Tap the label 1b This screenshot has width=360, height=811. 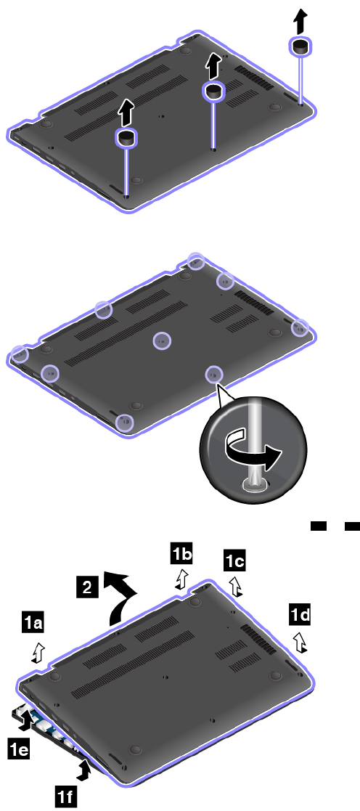tap(181, 555)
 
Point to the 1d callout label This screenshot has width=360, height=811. tap(300, 614)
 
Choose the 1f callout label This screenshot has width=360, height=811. tap(66, 797)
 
